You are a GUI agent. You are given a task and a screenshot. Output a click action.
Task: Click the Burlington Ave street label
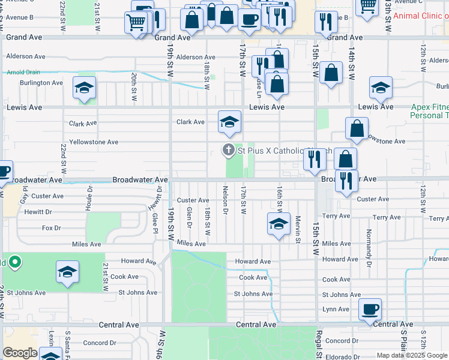click(41, 83)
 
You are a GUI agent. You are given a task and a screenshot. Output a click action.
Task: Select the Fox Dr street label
click(52, 228)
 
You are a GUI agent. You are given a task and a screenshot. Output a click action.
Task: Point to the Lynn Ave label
click(336, 310)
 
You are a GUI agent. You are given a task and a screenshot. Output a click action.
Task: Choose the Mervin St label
click(298, 230)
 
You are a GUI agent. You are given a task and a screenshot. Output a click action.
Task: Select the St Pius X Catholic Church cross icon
click(228, 150)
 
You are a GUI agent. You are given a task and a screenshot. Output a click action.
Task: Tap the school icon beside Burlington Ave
click(85, 88)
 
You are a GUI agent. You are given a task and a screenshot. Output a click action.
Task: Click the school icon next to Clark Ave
click(229, 122)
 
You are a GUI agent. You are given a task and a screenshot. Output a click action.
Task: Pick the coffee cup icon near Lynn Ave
click(370, 310)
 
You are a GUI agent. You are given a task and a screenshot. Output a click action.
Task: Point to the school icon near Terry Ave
click(279, 224)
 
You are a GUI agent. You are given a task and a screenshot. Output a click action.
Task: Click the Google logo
click(20, 353)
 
